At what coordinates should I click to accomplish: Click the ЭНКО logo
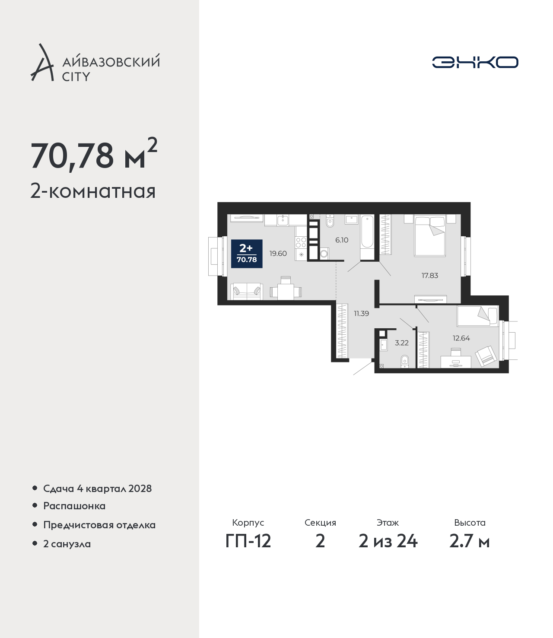tap(475, 62)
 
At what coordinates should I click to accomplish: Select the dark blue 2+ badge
tap(247, 254)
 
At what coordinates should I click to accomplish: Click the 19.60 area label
tap(278, 254)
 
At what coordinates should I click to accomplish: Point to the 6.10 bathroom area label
tap(342, 240)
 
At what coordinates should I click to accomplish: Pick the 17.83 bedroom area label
tap(430, 275)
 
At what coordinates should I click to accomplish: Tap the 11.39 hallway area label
tap(361, 314)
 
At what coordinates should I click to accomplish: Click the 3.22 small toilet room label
tap(402, 343)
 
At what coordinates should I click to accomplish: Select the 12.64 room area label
tap(461, 338)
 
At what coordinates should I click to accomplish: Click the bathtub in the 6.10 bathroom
tap(367, 237)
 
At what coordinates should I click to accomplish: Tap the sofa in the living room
tap(247, 292)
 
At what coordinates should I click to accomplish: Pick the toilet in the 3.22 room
tap(404, 362)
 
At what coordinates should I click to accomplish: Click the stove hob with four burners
tap(301, 243)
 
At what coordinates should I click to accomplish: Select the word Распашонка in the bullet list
tap(74, 506)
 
